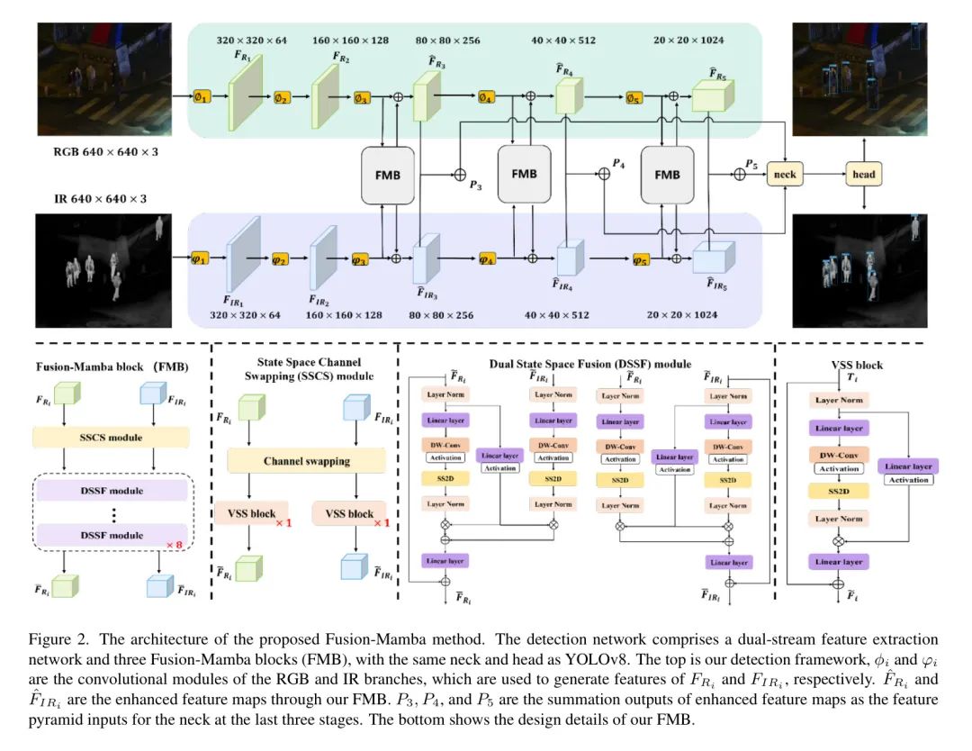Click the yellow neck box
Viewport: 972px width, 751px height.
(x=784, y=175)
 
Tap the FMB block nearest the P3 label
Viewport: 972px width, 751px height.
(x=386, y=174)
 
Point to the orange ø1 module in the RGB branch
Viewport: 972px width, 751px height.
(x=202, y=95)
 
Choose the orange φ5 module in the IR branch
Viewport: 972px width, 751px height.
(x=640, y=260)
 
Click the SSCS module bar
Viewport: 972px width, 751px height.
(x=113, y=437)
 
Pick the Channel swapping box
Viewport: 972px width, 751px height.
(x=307, y=461)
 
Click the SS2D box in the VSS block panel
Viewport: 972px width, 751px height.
(x=839, y=492)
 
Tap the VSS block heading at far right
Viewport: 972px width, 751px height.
(x=857, y=365)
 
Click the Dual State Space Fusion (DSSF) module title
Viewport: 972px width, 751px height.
(x=589, y=363)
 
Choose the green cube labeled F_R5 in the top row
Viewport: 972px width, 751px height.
(x=714, y=95)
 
